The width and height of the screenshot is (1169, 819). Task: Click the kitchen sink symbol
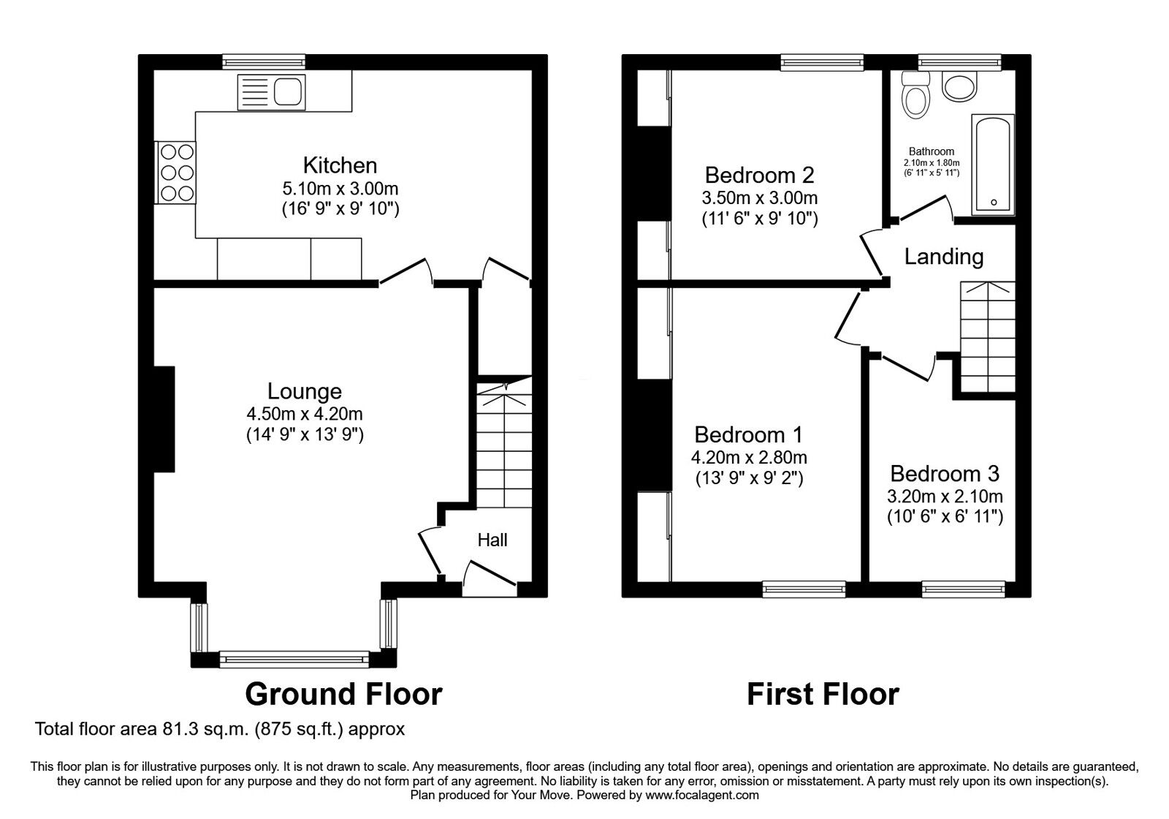click(x=272, y=92)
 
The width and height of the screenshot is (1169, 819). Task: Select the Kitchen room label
click(x=340, y=165)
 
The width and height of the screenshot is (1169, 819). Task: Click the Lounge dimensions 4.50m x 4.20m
click(x=305, y=414)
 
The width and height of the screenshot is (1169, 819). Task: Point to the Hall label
click(x=492, y=540)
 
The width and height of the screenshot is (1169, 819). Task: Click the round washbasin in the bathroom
click(x=959, y=86)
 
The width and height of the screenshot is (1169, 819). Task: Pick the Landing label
click(x=943, y=257)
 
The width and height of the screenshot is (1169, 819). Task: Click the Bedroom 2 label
click(x=759, y=175)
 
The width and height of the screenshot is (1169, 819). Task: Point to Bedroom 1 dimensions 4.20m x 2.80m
click(x=749, y=458)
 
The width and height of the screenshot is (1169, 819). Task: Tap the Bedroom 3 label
click(x=944, y=474)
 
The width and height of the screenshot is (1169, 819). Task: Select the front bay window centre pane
click(x=294, y=660)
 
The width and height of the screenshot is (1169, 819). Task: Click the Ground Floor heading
click(x=343, y=694)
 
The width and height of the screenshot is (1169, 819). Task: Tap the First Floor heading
click(x=822, y=694)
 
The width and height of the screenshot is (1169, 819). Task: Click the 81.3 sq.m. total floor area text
click(x=219, y=729)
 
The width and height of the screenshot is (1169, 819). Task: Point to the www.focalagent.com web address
click(x=701, y=795)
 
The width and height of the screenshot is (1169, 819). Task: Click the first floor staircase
click(x=988, y=338)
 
